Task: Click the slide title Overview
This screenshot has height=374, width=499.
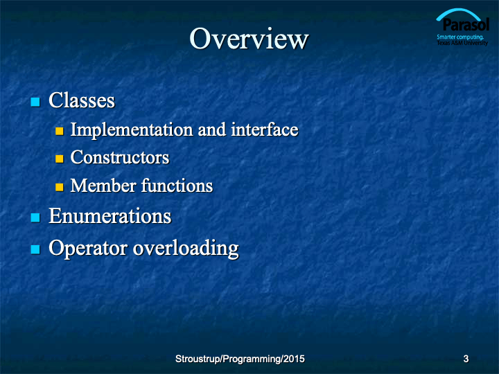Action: (x=249, y=39)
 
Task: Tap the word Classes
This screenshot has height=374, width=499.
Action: (x=82, y=100)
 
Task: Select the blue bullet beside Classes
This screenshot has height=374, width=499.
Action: (x=35, y=102)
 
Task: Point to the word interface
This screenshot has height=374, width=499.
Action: (x=265, y=129)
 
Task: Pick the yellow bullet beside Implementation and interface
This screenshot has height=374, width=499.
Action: (x=60, y=131)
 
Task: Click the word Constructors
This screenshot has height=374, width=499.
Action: (x=120, y=157)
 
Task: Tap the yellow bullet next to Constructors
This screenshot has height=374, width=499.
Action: (x=60, y=159)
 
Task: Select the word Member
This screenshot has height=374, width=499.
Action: (x=103, y=186)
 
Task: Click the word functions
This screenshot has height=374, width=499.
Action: (x=177, y=186)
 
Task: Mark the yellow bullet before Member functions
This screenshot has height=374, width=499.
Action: (x=60, y=187)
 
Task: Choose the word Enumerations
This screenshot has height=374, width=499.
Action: (x=110, y=216)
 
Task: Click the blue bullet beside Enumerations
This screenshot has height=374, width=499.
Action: (x=35, y=217)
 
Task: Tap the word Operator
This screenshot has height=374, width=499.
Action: (x=88, y=248)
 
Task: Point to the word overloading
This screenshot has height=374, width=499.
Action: (x=186, y=249)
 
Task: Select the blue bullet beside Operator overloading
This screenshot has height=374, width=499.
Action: (x=35, y=249)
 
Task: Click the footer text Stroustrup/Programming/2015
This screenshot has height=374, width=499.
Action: (x=240, y=359)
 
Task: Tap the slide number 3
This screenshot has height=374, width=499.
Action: (x=466, y=359)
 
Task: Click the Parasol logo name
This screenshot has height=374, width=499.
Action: (x=466, y=24)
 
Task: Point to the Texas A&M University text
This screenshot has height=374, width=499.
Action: (x=462, y=43)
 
